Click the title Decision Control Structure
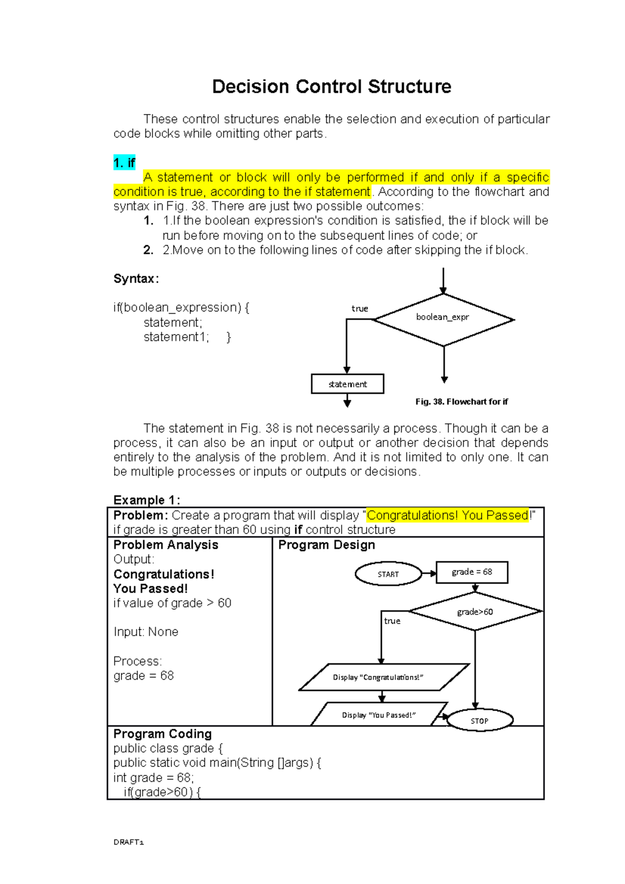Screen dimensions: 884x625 (331, 86)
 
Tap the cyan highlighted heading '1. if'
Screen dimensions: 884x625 (124, 163)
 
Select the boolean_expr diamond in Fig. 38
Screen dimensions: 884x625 (443, 319)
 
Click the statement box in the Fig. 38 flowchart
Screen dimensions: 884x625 (347, 384)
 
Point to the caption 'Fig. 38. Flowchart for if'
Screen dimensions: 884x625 (461, 401)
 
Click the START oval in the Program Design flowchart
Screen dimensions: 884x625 (388, 574)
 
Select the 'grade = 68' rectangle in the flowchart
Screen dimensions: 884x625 (471, 572)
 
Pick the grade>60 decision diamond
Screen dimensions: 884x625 (475, 611)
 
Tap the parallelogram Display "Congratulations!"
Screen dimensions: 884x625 (383, 677)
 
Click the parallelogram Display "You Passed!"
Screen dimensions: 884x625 (379, 715)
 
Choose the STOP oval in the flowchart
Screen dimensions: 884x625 (480, 721)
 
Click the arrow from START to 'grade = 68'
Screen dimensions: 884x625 (429, 573)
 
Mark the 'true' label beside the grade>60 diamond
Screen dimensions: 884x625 (392, 621)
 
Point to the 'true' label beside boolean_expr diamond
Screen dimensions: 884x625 (359, 308)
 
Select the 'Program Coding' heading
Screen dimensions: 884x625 (162, 734)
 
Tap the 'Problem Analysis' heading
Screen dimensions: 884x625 (166, 545)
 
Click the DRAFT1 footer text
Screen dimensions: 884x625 (128, 842)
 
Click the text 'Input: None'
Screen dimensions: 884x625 (146, 632)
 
